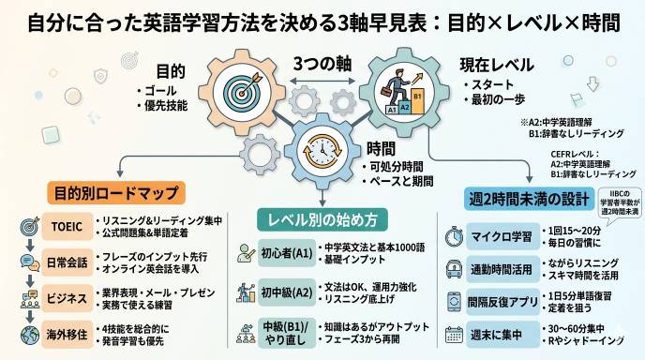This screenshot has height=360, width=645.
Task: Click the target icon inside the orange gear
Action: [239, 89]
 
